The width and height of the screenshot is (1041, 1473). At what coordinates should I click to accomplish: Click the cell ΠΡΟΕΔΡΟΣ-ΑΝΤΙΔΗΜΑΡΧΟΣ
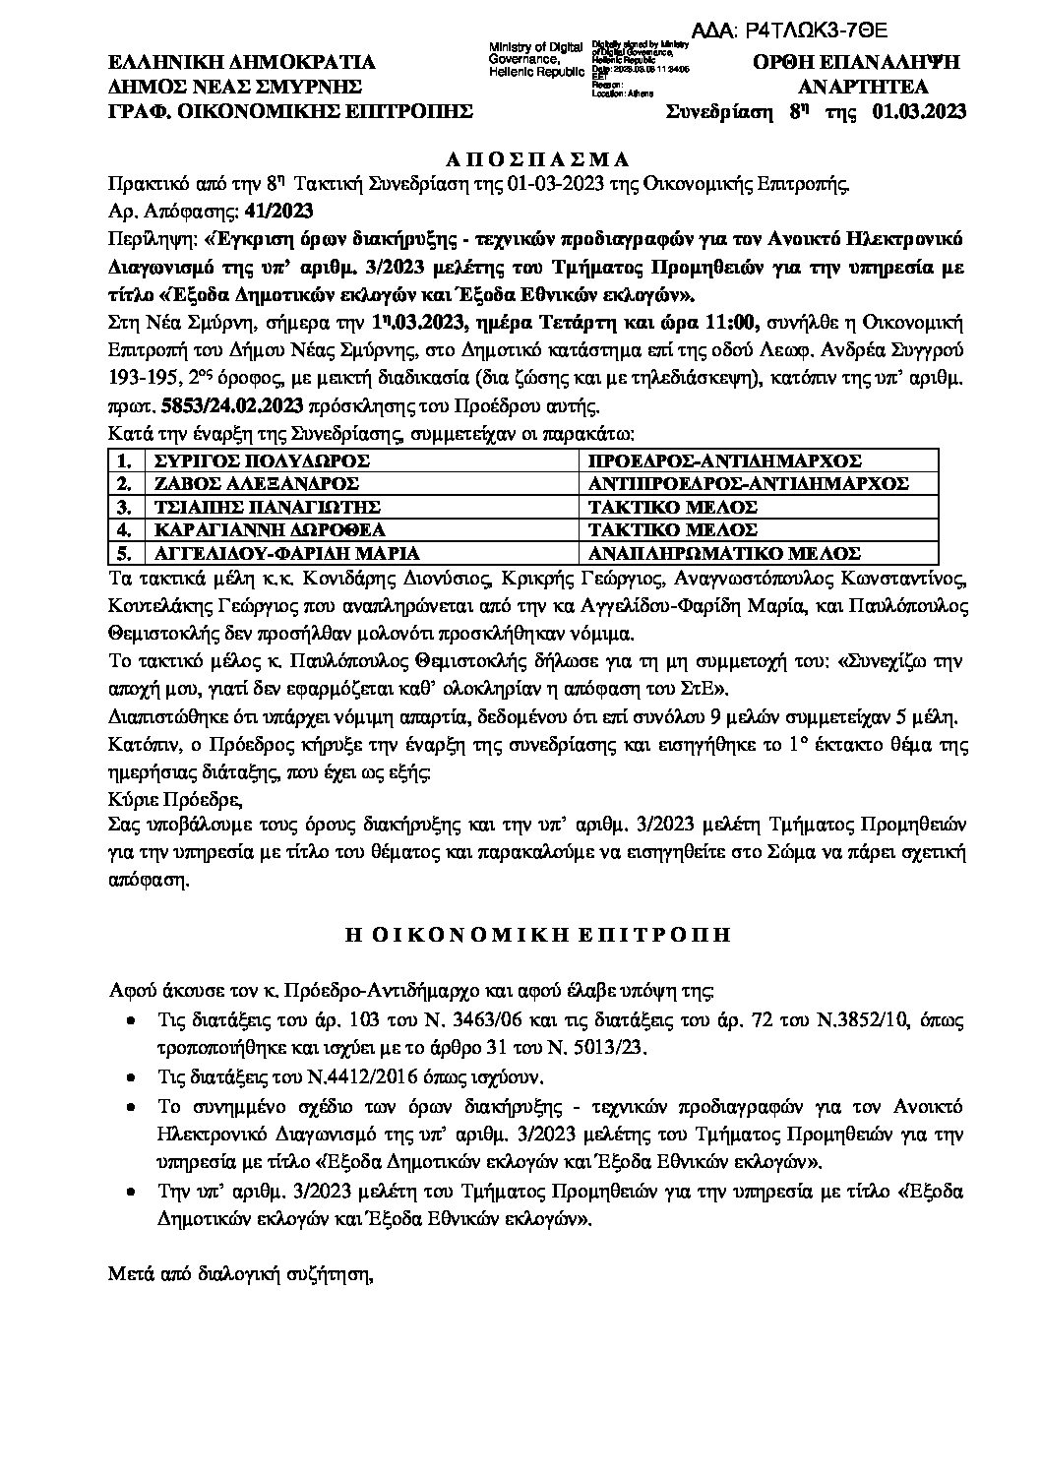tap(724, 460)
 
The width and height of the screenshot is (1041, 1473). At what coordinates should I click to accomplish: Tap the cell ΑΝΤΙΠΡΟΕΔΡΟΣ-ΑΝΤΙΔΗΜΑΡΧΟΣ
tap(748, 483)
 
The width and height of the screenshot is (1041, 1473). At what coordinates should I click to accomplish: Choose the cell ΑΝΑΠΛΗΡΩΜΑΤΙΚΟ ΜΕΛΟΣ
tap(724, 553)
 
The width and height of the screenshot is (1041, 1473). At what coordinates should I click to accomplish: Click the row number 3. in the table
tap(123, 507)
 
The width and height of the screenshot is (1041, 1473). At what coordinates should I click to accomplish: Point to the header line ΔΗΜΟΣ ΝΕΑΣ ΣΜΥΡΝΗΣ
tap(235, 86)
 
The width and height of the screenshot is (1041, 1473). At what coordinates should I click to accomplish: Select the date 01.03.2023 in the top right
tap(919, 111)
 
